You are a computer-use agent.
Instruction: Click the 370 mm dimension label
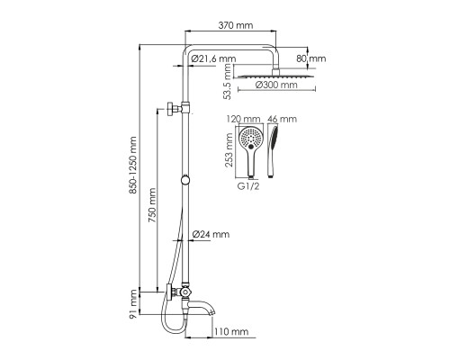pos(235,25)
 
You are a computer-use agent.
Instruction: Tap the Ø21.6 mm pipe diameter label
pos(213,58)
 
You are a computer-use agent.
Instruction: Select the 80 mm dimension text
pos(311,58)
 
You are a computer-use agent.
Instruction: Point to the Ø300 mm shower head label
pos(276,85)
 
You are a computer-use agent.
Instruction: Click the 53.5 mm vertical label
pos(228,82)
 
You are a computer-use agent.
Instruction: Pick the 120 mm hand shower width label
pos(243,119)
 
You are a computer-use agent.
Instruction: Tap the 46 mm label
pos(282,119)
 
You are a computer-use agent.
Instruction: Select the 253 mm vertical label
pos(229,151)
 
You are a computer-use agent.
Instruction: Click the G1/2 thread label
pos(248,186)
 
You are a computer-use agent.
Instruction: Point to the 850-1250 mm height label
pos(133,166)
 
